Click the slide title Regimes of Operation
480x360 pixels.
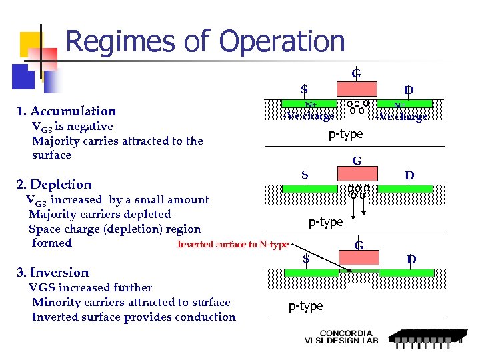point(205,41)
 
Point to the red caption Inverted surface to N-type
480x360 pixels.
point(233,245)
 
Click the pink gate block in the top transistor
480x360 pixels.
point(356,90)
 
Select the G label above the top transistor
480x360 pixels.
point(356,73)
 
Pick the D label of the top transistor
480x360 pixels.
point(409,90)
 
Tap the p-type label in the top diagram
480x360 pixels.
point(345,134)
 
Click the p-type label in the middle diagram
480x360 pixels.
point(325,222)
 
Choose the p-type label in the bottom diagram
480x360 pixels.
point(305,306)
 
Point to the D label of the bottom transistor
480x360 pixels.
point(411,259)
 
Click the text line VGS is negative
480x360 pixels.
point(73,126)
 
